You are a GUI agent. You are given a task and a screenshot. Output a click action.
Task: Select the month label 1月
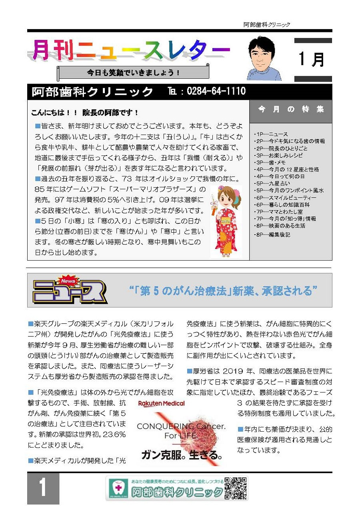(312, 59)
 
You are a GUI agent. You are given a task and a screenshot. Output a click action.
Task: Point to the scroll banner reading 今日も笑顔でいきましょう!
(134, 73)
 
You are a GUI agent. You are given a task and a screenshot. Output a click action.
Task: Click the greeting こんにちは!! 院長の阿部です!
(85, 113)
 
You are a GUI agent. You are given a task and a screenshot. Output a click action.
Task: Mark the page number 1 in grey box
(43, 488)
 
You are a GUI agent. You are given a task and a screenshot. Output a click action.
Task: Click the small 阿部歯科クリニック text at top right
(267, 25)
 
